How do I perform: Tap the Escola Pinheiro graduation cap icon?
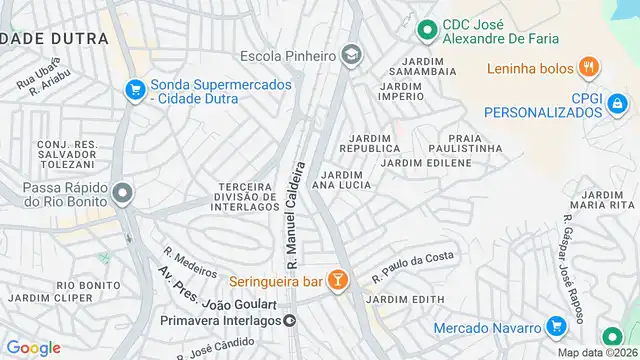tap(350, 55)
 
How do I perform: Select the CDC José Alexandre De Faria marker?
tap(427, 31)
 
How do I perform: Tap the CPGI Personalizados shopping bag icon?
tap(617, 102)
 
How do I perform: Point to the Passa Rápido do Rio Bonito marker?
tap(123, 192)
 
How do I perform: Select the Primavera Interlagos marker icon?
tap(289, 321)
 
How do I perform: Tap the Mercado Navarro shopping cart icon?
tap(556, 327)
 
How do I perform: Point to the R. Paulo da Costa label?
tap(412, 262)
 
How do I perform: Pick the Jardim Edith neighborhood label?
tap(405, 300)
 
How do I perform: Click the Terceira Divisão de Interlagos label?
tap(245, 196)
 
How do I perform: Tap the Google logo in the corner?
tap(33, 347)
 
